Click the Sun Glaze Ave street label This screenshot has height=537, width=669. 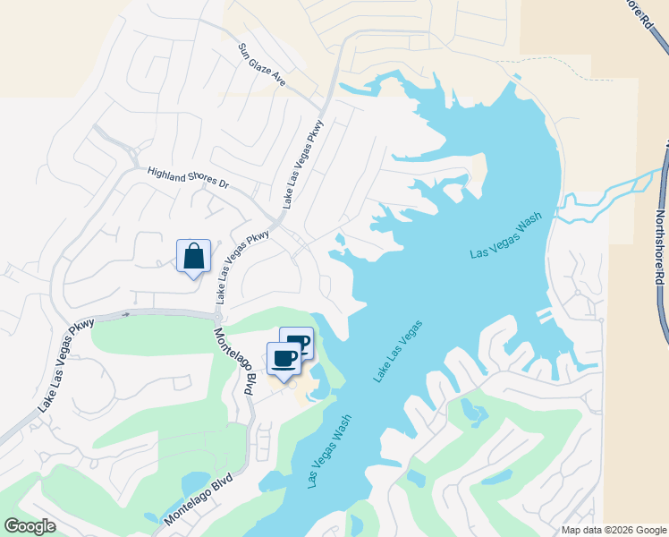[261, 64]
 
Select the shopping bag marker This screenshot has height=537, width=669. [194, 258]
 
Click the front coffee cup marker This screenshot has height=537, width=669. [284, 359]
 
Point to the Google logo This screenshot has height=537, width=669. [30, 526]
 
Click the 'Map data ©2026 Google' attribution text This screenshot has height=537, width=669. [614, 530]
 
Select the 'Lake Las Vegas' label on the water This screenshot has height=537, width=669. [398, 353]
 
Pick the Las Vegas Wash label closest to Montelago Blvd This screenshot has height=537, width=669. [329, 451]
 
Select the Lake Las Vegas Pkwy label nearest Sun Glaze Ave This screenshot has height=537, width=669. [304, 164]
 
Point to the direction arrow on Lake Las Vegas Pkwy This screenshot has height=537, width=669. [126, 314]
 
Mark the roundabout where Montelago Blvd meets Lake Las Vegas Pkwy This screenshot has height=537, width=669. [216, 315]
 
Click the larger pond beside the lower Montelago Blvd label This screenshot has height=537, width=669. [195, 485]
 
